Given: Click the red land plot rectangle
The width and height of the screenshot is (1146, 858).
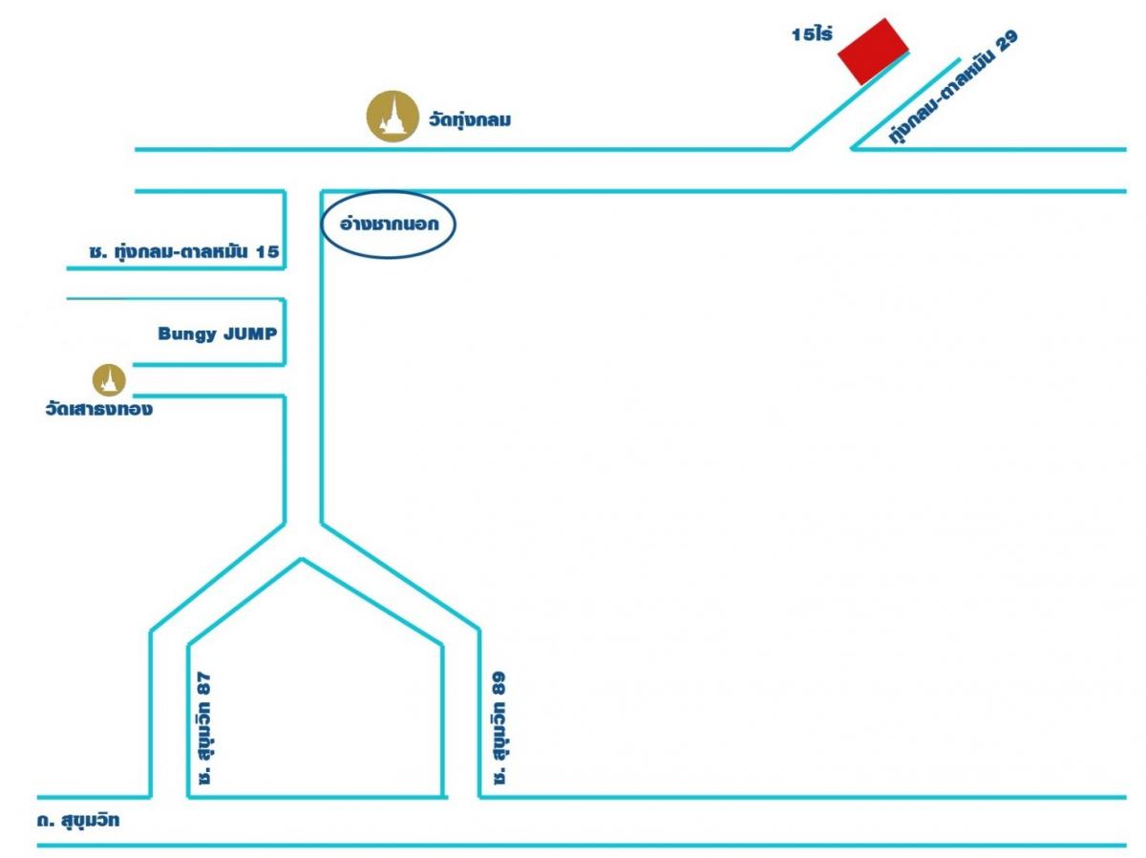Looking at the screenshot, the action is click(873, 52).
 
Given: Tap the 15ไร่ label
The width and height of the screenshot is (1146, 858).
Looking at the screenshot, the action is click(812, 34).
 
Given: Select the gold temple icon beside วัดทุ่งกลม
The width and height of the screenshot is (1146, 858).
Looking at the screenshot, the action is click(393, 116).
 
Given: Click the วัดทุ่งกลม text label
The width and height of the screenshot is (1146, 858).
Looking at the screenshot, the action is click(469, 120).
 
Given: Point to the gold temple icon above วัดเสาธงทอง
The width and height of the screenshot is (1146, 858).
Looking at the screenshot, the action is click(109, 380).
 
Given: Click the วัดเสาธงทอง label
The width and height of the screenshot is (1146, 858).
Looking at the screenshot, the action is click(99, 408).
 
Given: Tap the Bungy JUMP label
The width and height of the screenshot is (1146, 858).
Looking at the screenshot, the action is click(218, 333).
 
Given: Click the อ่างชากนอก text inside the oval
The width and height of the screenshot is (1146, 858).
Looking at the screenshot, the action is click(390, 224).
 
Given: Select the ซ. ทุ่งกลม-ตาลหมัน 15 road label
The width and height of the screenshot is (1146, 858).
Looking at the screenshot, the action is click(184, 251).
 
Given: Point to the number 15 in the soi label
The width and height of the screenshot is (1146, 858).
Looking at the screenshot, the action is click(267, 251).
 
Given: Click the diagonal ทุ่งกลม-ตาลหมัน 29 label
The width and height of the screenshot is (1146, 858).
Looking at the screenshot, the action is click(953, 87).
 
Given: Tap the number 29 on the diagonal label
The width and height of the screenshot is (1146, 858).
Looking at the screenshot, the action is click(1007, 41).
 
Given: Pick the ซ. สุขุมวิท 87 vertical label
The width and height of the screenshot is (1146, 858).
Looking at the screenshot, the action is click(204, 727).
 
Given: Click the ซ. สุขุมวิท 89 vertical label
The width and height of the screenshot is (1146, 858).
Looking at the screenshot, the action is click(499, 727).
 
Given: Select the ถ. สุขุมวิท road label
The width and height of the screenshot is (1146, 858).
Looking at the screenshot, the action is click(78, 821).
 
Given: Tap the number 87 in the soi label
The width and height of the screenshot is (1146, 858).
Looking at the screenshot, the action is click(204, 683).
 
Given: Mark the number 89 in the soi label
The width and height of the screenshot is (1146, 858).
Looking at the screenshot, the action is click(499, 683).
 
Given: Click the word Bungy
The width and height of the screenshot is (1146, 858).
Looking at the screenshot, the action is click(188, 334).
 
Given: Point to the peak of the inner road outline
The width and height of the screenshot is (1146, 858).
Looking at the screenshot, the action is click(301, 559).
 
